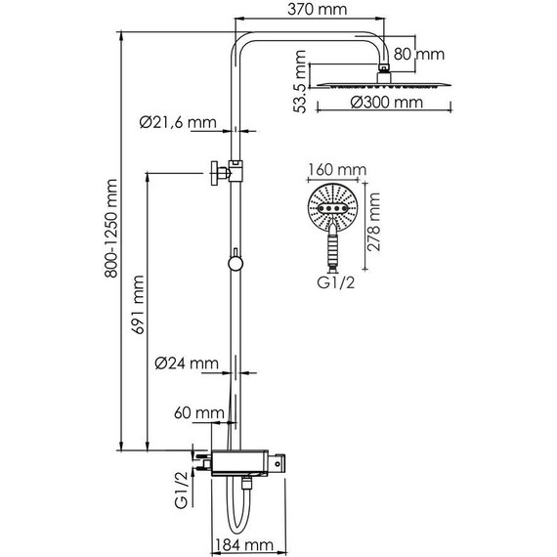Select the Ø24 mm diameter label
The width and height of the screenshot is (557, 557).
[x=187, y=364]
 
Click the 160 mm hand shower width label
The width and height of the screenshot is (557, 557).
[x=329, y=169]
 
